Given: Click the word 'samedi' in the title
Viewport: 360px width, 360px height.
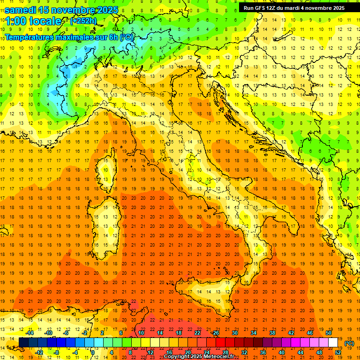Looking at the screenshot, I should tap(21, 10).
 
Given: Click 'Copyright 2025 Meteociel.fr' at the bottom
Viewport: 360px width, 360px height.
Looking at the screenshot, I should tap(199, 357).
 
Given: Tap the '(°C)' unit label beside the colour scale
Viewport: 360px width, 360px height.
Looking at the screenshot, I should tap(349, 343).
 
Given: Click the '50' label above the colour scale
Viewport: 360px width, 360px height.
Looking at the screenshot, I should tap(328, 333).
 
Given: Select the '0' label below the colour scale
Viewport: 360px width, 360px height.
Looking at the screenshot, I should tap(93, 352).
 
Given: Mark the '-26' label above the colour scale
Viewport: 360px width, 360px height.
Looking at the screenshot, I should tap(215, 333).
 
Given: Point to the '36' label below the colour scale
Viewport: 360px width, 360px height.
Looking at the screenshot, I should tap(262, 352).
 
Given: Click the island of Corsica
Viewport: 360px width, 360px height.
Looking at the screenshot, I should tap(107, 171).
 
